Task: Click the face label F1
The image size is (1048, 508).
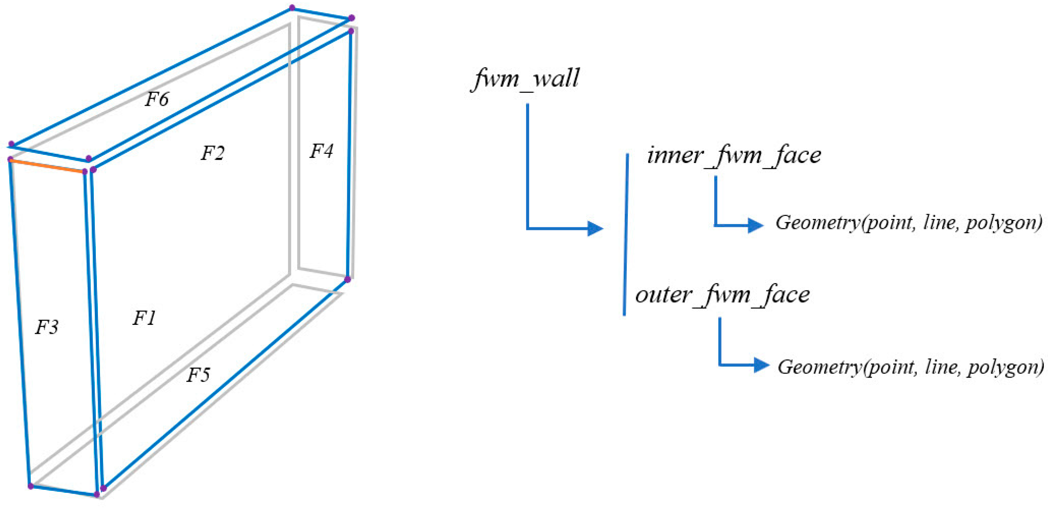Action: tap(144, 318)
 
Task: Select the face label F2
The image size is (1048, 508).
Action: tap(212, 153)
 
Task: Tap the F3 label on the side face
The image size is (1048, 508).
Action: tap(47, 327)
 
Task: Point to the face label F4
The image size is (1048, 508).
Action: tap(321, 151)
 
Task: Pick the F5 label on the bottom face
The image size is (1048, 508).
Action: tap(198, 375)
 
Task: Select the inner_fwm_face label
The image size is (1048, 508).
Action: tap(734, 156)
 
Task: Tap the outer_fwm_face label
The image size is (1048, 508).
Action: tap(722, 295)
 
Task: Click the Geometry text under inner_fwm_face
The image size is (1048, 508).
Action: tap(909, 223)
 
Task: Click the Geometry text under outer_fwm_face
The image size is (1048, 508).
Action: tap(910, 367)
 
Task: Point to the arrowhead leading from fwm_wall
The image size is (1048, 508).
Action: tap(595, 228)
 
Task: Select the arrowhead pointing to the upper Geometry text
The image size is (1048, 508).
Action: tap(755, 225)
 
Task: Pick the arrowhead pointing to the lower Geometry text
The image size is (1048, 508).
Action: tap(761, 365)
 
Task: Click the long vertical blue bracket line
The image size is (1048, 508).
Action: tap(626, 234)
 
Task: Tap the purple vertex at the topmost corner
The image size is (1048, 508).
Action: tap(292, 8)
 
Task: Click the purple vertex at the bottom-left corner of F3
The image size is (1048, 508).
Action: tap(31, 486)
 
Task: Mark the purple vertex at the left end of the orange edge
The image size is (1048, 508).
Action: tap(11, 159)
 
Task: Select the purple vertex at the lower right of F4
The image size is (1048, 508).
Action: tap(347, 279)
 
